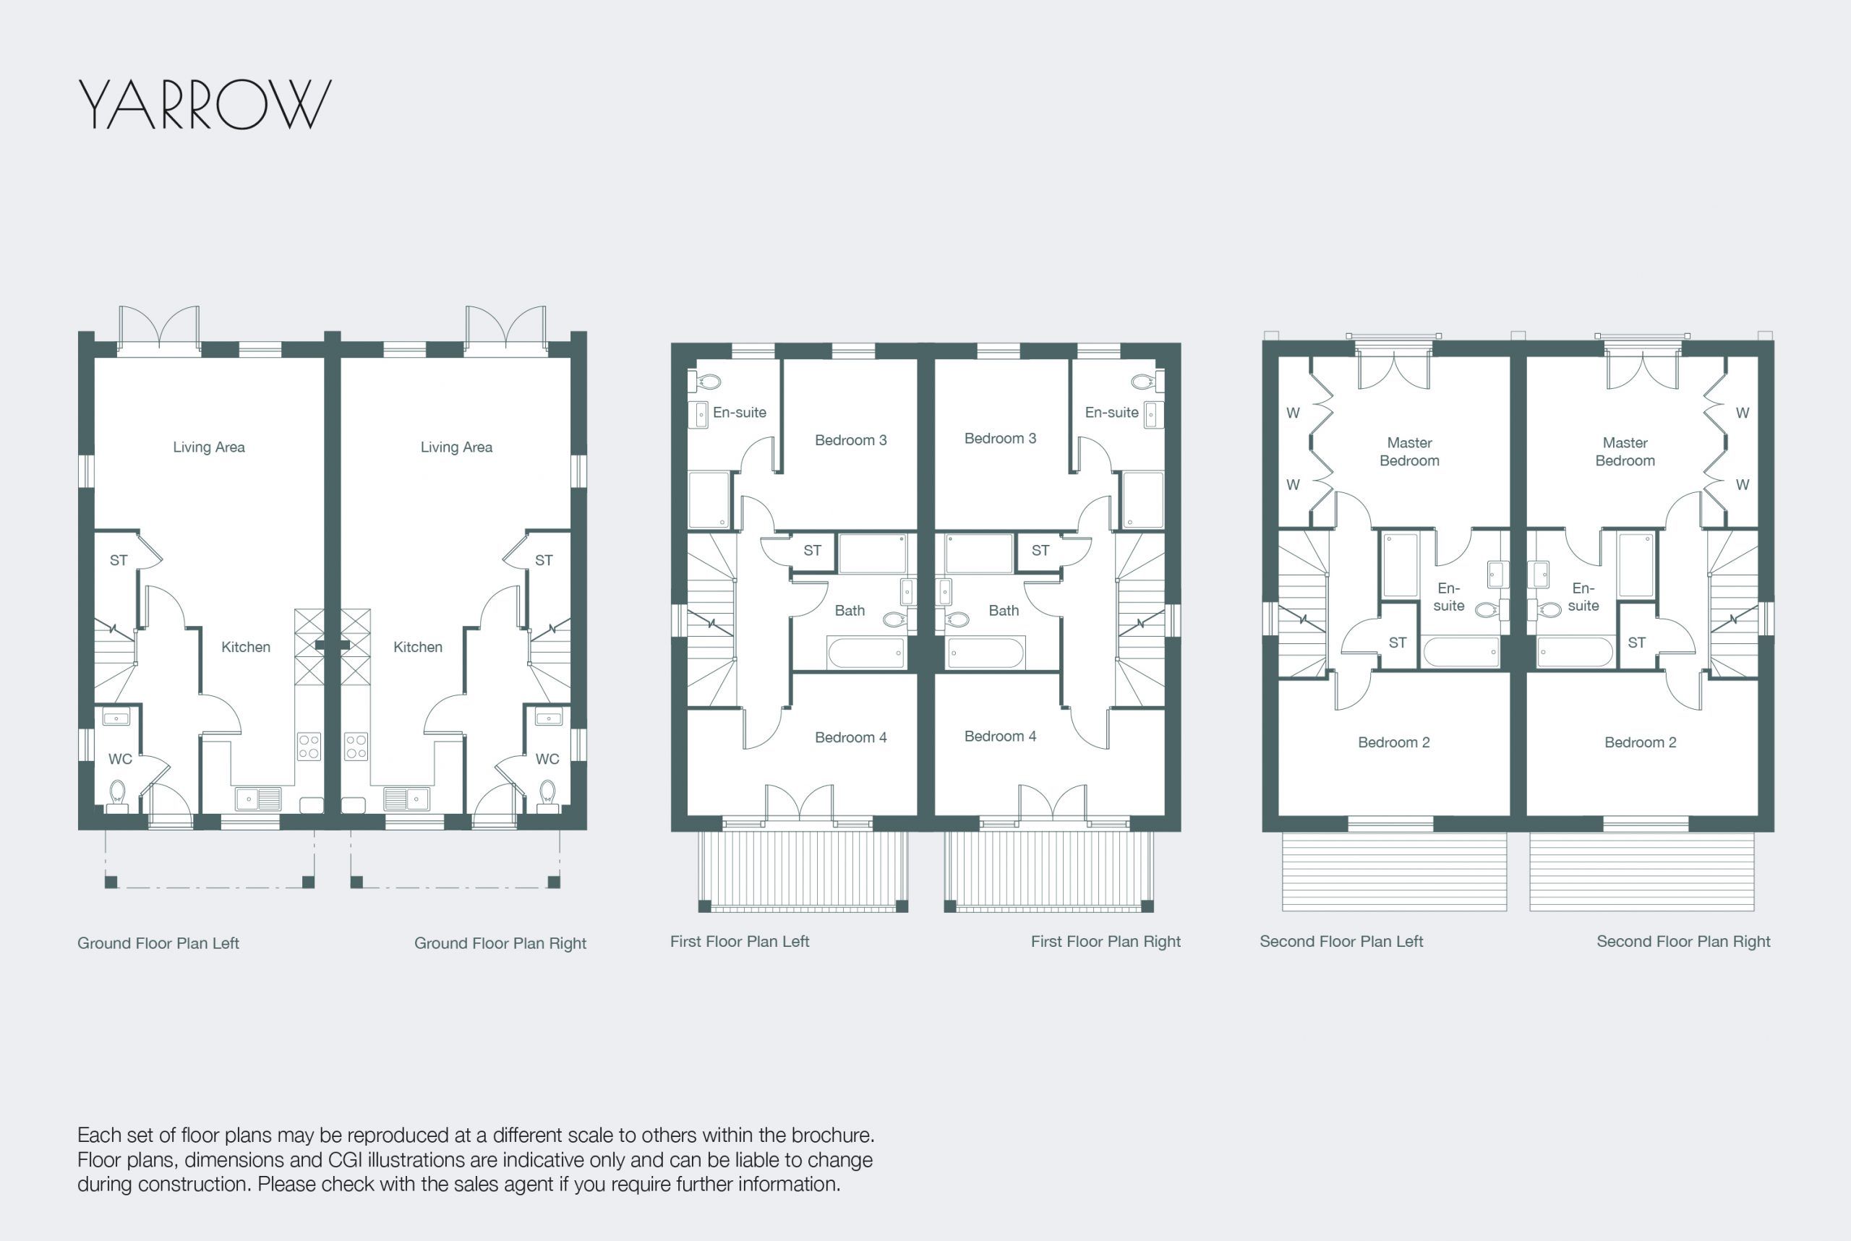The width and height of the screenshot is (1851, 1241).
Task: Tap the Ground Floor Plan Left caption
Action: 158,943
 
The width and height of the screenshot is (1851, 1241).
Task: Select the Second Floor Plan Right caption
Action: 1683,942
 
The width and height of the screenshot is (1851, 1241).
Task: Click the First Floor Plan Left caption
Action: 740,942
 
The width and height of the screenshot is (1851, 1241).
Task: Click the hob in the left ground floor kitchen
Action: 309,747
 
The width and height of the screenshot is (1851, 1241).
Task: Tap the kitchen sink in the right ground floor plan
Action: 407,799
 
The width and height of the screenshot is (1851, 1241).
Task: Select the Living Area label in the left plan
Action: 209,447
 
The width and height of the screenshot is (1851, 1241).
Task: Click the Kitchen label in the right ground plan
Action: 418,648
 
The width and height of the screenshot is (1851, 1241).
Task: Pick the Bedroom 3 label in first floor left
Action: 851,440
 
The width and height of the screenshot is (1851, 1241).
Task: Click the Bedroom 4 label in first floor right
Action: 1000,737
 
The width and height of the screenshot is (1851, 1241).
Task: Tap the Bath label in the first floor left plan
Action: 850,611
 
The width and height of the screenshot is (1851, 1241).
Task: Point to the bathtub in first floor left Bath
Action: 866,653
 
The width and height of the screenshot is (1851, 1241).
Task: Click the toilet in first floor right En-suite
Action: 1145,382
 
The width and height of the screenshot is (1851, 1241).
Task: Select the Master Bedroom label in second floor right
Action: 1625,452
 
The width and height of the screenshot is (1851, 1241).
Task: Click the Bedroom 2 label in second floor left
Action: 1393,742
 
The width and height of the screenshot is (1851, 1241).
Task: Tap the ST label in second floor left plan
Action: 1398,643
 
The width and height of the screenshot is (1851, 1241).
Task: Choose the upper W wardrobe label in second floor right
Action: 1743,413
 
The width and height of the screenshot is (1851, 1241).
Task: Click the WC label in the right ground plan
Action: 547,759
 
